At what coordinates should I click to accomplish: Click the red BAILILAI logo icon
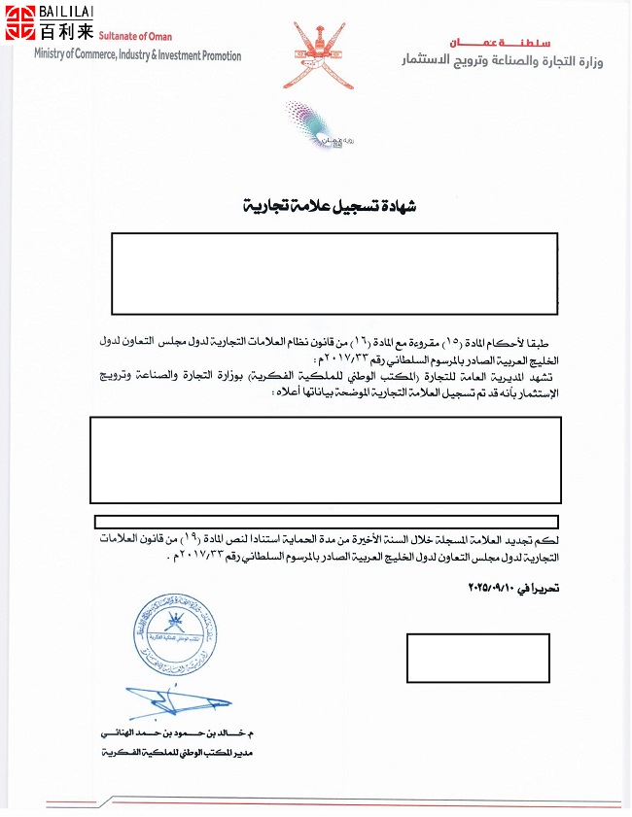[20, 22]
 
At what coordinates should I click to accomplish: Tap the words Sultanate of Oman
[134, 37]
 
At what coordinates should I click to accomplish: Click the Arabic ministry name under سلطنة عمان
[503, 62]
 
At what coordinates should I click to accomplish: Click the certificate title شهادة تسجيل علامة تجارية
[312, 208]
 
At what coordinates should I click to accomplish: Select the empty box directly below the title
[334, 269]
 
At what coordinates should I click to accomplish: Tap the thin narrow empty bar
[327, 523]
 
